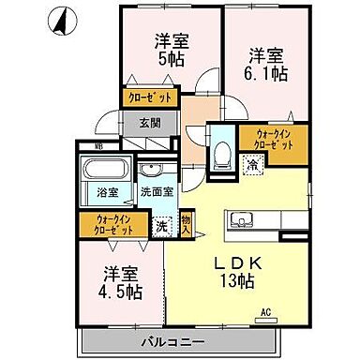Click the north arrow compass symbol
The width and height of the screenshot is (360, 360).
tap(63, 22)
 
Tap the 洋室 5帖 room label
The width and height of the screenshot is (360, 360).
tap(172, 50)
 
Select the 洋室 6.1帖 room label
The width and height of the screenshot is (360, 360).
tap(265, 65)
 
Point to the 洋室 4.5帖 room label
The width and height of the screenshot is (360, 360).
tap(120, 283)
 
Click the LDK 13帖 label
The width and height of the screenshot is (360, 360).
tap(238, 272)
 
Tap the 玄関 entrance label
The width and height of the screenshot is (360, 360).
tap(150, 123)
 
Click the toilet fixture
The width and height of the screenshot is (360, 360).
tap(222, 154)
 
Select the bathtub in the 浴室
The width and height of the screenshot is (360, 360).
tap(105, 169)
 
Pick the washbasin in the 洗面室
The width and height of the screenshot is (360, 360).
tap(151, 170)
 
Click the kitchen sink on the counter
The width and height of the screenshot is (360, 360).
tap(242, 220)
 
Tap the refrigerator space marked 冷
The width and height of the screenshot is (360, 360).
tap(252, 164)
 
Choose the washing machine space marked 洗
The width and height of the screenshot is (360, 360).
tap(161, 227)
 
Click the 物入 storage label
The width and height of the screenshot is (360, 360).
tap(186, 224)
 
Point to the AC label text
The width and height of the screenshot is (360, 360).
tap(266, 311)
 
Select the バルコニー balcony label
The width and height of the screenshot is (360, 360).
tap(173, 341)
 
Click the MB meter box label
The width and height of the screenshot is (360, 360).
tap(99, 145)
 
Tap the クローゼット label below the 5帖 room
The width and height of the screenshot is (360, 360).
tap(150, 98)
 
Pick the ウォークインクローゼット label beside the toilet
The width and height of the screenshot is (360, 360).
tap(274, 140)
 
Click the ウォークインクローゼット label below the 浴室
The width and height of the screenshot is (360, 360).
tap(113, 224)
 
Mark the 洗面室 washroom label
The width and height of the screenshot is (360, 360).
tap(157, 191)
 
